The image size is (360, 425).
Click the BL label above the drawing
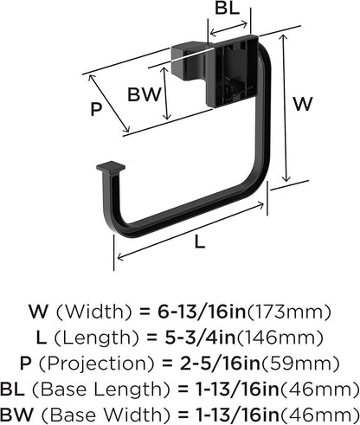coord(227,10)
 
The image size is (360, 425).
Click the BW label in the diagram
coord(144,93)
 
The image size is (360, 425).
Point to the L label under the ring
coord(200,243)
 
